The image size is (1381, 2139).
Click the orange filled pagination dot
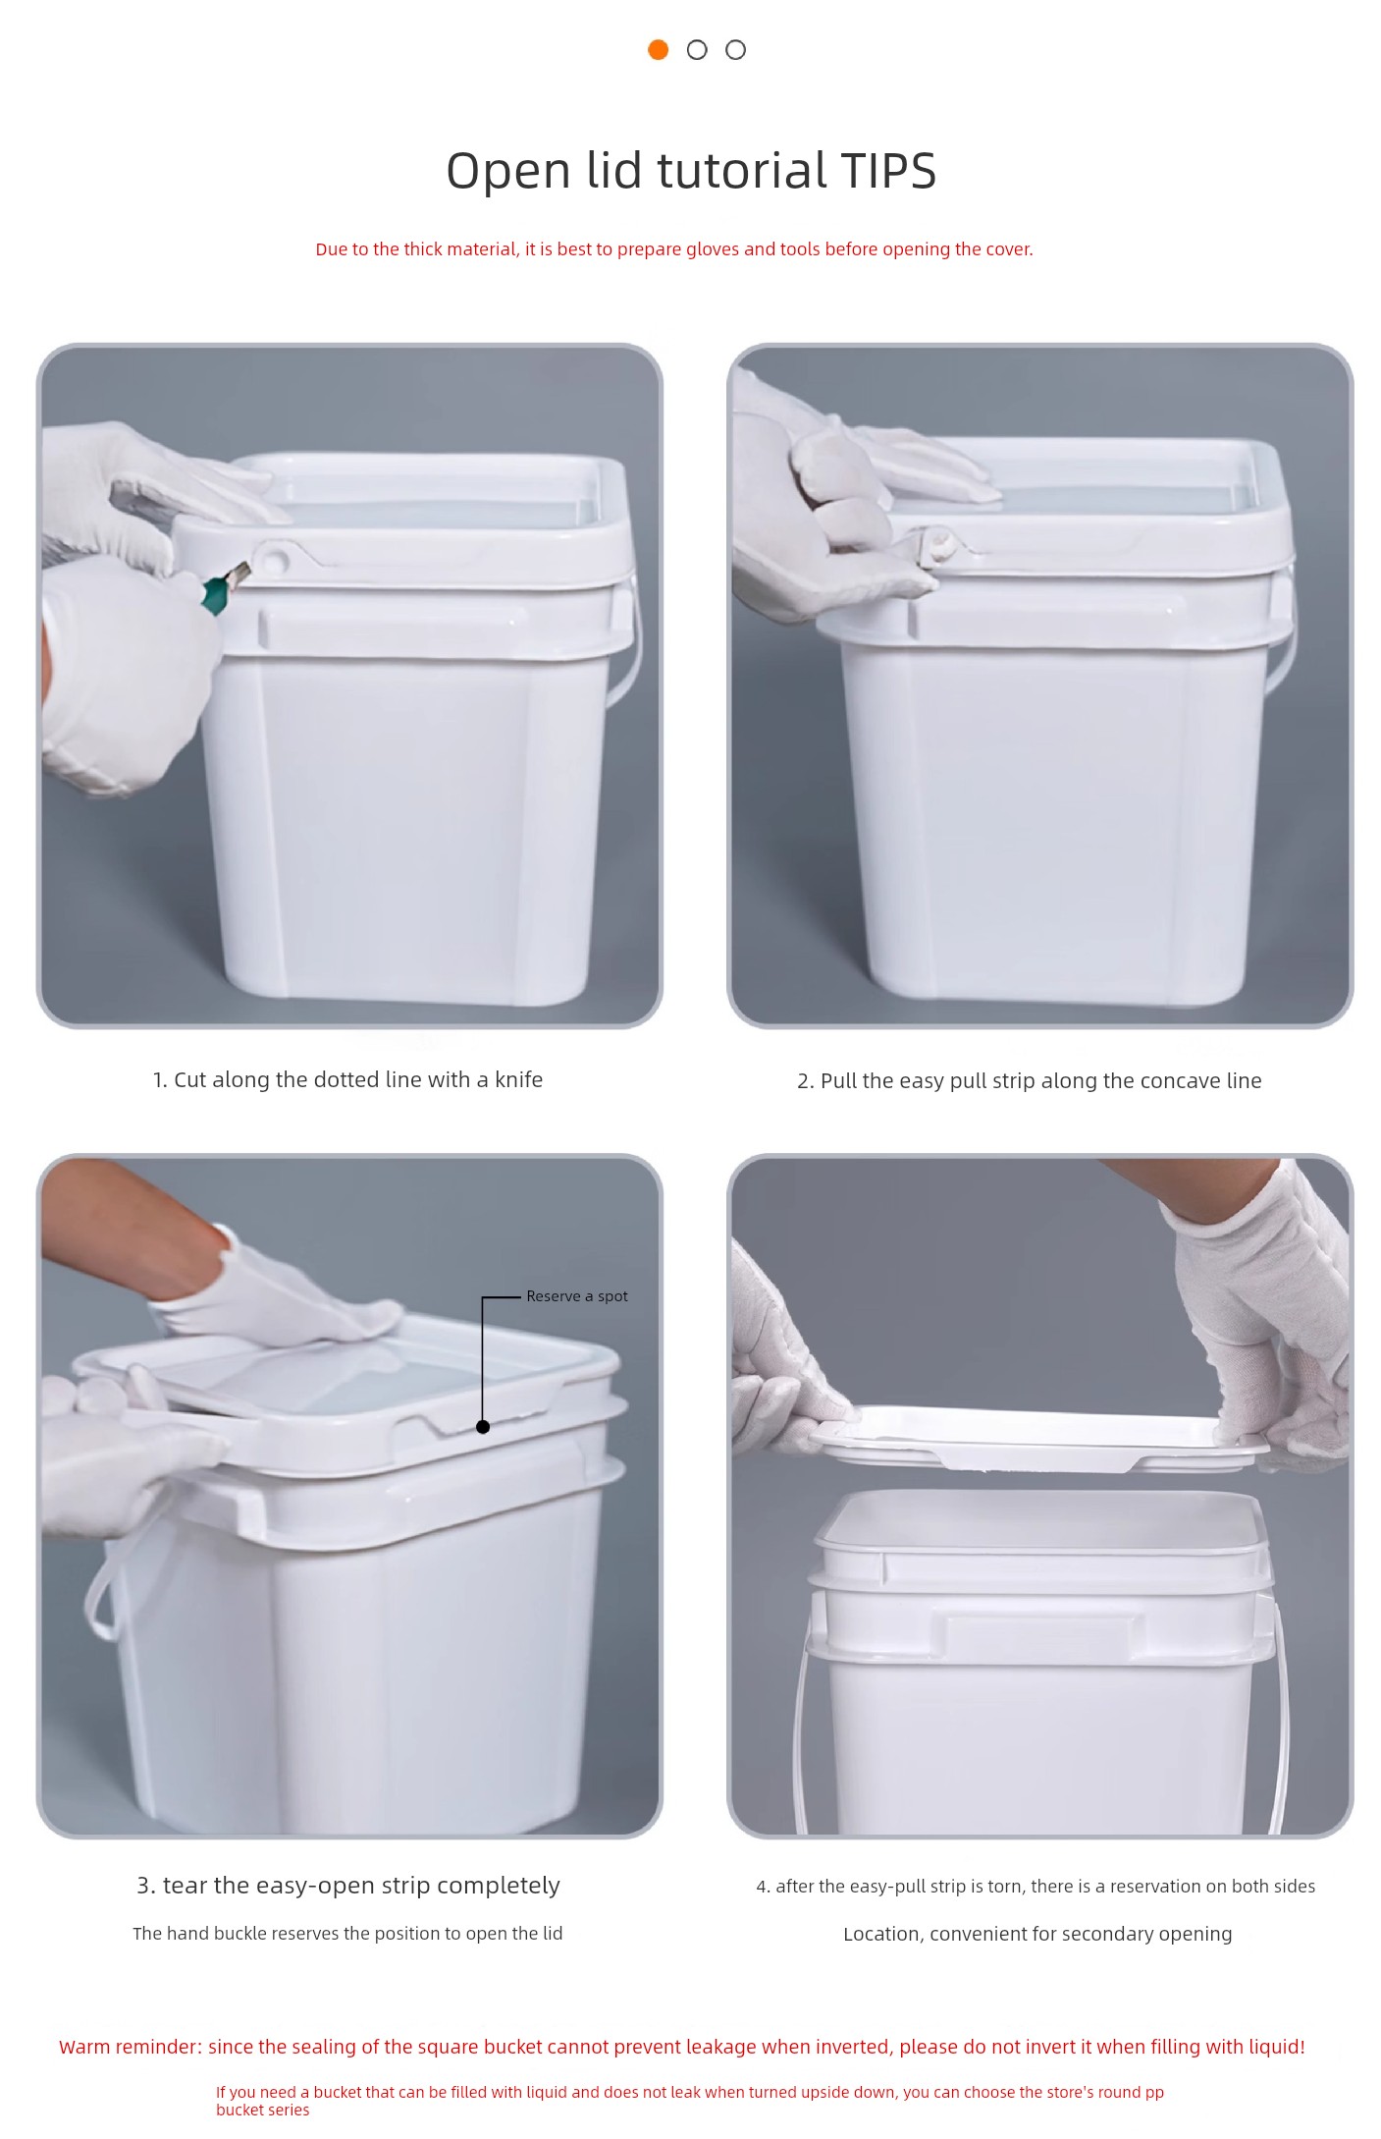click(658, 49)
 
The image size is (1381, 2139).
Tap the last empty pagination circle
click(735, 49)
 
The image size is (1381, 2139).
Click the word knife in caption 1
click(518, 1079)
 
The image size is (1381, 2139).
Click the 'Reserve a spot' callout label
click(576, 1296)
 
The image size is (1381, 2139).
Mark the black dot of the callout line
click(483, 1427)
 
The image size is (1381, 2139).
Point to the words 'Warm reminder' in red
click(130, 2047)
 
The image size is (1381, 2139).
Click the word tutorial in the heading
click(742, 171)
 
